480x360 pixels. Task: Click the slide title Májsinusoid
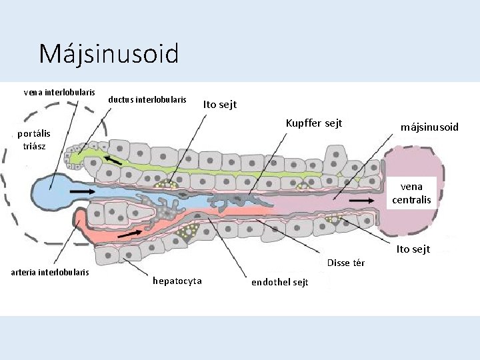point(109,53)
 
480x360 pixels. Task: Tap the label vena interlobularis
point(59,92)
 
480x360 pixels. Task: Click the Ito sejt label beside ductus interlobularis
point(219,105)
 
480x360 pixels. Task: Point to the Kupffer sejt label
point(313,123)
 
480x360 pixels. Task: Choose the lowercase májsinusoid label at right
point(429,127)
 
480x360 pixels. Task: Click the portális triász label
point(33,139)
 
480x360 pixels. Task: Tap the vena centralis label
point(411,193)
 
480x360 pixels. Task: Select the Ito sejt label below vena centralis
point(413,249)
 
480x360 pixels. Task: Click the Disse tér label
point(346,263)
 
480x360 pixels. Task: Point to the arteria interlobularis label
point(50,272)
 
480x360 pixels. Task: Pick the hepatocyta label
point(177,281)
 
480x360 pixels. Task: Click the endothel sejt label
point(279,282)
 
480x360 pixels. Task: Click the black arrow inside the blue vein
point(82,191)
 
